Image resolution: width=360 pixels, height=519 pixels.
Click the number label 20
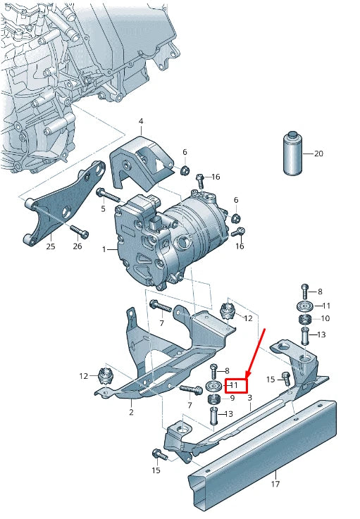(318, 154)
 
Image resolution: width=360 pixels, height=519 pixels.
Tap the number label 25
(50, 246)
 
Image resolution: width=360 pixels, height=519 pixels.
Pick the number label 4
(140, 122)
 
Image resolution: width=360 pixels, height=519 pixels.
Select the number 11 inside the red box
(235, 385)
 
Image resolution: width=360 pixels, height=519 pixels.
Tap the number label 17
(276, 484)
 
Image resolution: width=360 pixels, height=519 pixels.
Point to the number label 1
(104, 249)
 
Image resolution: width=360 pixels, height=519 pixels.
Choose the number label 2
(131, 412)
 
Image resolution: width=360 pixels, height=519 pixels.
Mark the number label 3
(249, 399)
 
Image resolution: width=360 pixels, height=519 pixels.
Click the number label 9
(233, 398)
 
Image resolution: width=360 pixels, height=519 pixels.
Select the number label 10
(325, 318)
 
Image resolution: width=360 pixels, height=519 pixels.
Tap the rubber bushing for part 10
(306, 320)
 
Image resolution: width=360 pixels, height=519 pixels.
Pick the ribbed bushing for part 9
(214, 400)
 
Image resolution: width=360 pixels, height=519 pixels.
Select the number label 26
(77, 246)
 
